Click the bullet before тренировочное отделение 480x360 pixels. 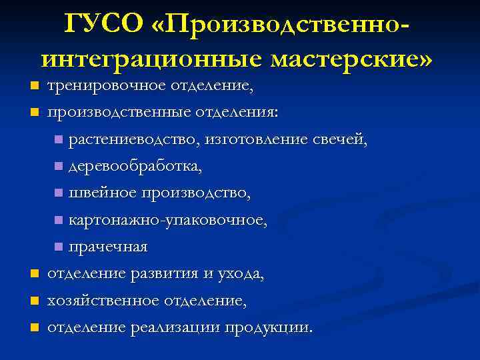[x=34, y=87]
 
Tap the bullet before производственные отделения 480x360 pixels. [x=34, y=113]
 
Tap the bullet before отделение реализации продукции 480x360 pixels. [x=34, y=327]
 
